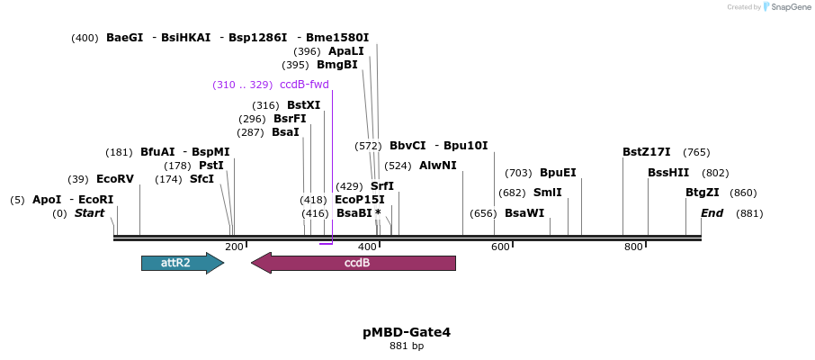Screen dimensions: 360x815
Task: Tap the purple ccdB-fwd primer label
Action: point(304,85)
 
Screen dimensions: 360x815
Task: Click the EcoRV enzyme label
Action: point(114,179)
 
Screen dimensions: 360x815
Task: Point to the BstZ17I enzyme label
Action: point(646,152)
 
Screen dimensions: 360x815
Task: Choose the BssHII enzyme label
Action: point(669,173)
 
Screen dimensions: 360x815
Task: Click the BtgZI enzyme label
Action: point(703,193)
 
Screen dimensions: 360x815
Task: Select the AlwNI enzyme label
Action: point(437,166)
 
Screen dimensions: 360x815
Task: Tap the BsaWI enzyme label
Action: point(524,213)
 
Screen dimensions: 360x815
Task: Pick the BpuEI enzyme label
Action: point(558,173)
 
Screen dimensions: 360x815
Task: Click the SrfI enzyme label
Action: point(382,186)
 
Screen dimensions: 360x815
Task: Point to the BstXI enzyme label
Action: point(303,105)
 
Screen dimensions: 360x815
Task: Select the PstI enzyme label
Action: point(211,166)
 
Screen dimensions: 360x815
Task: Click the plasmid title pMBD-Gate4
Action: point(407,332)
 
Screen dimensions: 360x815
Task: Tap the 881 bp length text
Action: point(407,346)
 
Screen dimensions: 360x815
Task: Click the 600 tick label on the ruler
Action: point(500,247)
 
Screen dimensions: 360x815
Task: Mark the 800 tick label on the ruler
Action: point(633,247)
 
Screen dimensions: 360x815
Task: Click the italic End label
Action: point(712,213)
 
